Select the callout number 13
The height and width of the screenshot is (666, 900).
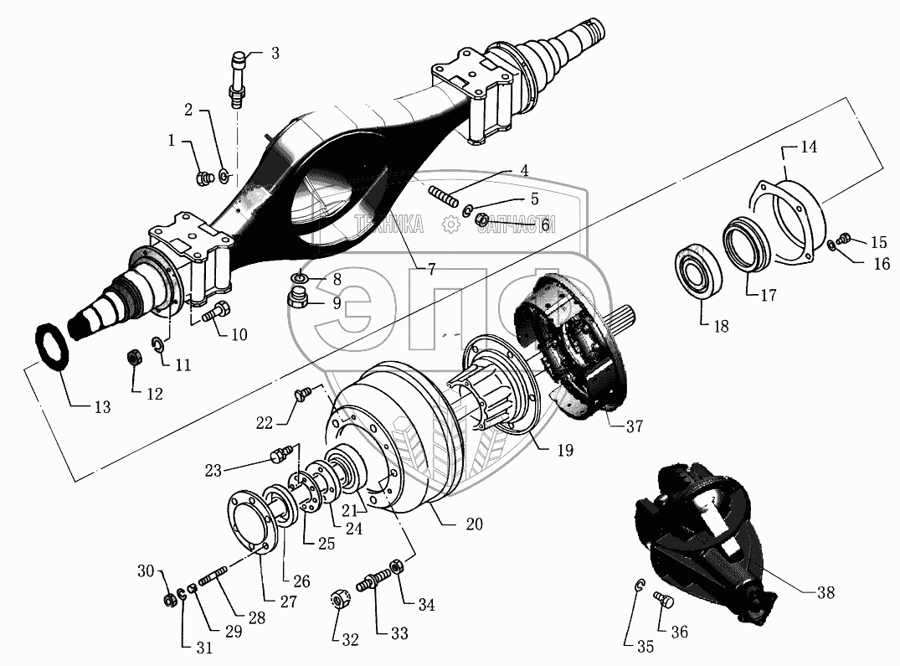point(102,408)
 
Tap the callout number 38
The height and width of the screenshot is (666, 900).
point(825,592)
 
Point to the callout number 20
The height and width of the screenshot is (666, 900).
point(475,524)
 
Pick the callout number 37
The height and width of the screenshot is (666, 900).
point(634,426)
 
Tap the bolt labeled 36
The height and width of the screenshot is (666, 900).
point(661,599)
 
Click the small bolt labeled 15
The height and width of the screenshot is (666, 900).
point(843,239)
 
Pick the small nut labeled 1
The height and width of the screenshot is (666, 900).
point(202,177)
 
